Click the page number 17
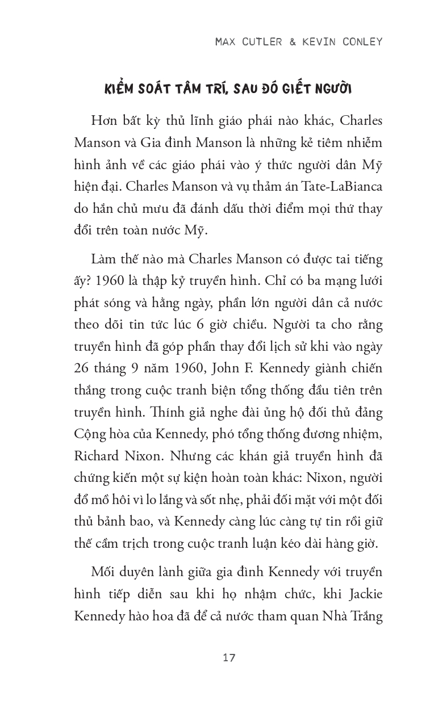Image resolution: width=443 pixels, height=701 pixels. (229, 658)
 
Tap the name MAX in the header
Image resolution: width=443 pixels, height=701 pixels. (228, 42)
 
